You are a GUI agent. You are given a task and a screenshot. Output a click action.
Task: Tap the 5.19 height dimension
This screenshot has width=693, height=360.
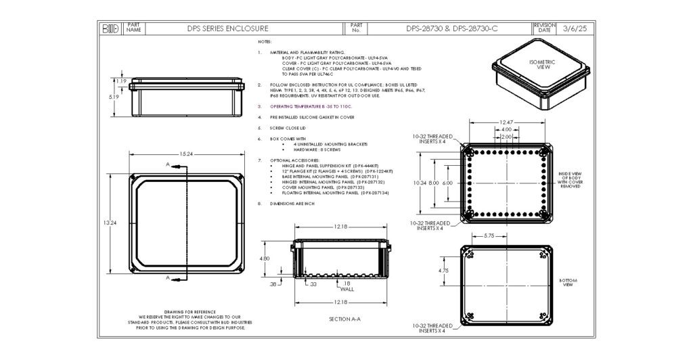(115, 97)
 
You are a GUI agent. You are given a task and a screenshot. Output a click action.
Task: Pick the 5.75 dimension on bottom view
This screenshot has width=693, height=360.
(489, 236)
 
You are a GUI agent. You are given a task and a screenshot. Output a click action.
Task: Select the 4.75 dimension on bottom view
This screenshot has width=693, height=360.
(443, 271)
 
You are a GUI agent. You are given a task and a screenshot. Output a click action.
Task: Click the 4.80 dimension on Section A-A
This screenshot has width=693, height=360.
(266, 258)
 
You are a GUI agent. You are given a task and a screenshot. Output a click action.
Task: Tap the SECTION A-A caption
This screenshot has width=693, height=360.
(344, 318)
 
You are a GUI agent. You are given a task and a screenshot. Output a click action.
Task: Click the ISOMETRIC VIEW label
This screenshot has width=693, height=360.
(541, 64)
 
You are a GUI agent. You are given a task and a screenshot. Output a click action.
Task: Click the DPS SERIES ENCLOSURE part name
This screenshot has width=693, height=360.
(227, 29)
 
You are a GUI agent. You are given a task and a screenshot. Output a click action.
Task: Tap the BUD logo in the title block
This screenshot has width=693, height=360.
(110, 29)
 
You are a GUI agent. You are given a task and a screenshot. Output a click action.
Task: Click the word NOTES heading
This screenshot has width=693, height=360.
(265, 41)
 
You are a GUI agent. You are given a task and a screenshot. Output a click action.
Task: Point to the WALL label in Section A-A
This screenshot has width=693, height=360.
(346, 289)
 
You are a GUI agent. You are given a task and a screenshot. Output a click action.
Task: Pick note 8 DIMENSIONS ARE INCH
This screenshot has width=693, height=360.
(292, 204)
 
